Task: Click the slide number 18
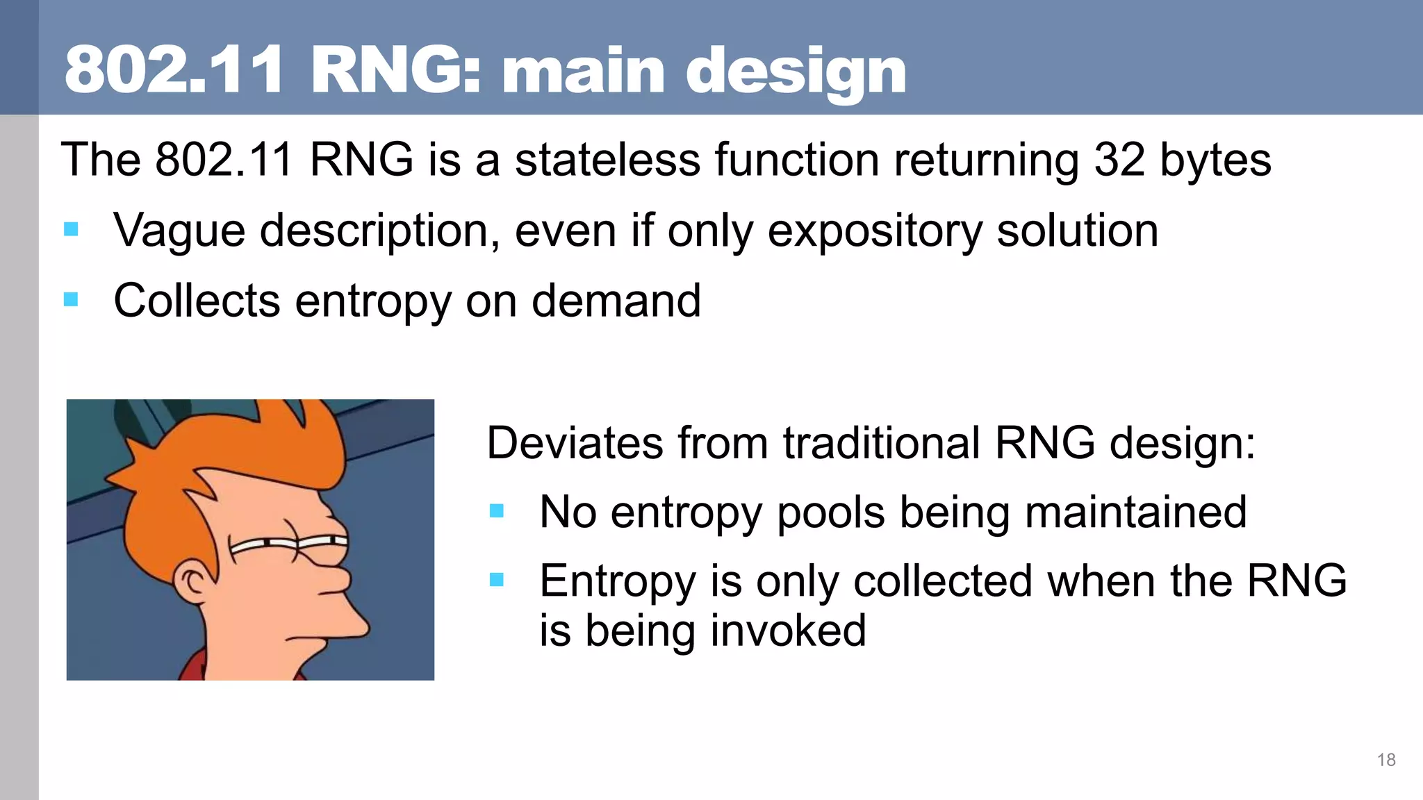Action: pyautogui.click(x=1385, y=760)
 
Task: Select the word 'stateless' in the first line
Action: pyautogui.click(x=607, y=160)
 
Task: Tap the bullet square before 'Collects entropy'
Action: pyautogui.click(x=71, y=299)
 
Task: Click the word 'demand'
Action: pyautogui.click(x=616, y=301)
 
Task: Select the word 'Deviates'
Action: pyautogui.click(x=575, y=443)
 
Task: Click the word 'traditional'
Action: pyautogui.click(x=881, y=443)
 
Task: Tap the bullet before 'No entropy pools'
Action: pyautogui.click(x=496, y=512)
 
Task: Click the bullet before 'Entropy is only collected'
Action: pyautogui.click(x=496, y=580)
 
